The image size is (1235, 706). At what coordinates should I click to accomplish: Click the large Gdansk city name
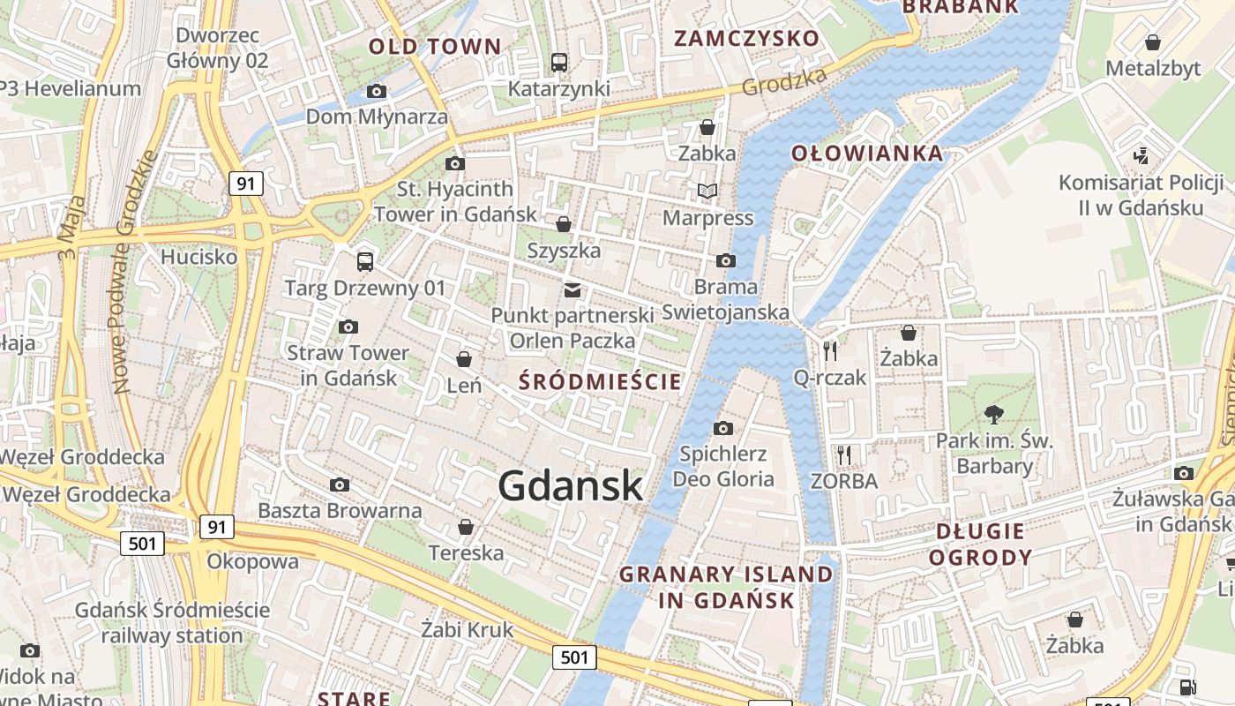pos(570,485)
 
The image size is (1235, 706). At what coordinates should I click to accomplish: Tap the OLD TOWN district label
pos(435,47)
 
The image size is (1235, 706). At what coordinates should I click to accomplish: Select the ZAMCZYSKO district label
pos(746,38)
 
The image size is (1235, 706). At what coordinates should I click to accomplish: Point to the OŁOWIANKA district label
pos(867,154)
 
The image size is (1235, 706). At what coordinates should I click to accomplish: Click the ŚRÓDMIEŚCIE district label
pos(600,381)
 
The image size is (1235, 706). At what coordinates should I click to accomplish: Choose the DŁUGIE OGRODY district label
pos(980,544)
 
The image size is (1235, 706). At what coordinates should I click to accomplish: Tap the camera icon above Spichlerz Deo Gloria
pos(723,428)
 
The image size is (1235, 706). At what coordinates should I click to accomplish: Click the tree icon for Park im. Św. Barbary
pos(994,413)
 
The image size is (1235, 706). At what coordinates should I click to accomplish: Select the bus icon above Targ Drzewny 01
pos(364,261)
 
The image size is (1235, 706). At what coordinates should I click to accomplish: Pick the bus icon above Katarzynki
pos(559,62)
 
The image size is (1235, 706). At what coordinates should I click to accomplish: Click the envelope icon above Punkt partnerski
pos(573,289)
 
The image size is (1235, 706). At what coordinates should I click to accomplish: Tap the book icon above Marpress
pos(707,191)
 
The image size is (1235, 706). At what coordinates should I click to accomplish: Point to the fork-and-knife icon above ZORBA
pos(844,454)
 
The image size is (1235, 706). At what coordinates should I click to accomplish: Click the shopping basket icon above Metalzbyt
pos(1152,41)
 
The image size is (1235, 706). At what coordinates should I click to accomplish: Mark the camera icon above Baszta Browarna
pos(339,484)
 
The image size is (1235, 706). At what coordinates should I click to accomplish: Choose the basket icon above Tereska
pos(465,527)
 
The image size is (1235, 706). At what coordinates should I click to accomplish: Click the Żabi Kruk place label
pos(467,630)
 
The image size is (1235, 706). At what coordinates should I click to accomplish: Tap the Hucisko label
pos(198,257)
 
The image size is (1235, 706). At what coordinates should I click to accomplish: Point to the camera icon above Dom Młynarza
pos(377,91)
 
